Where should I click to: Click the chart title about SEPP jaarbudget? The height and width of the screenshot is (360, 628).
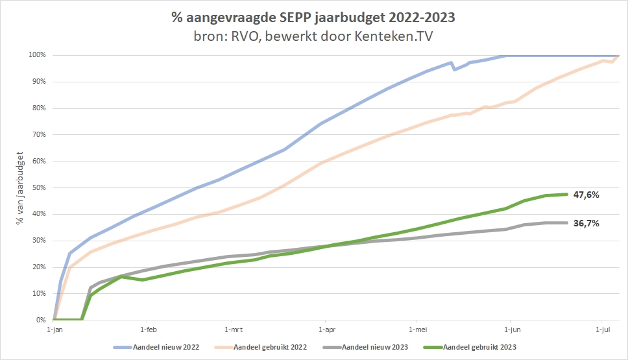tap(313, 18)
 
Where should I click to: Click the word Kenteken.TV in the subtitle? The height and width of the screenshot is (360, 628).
tap(395, 36)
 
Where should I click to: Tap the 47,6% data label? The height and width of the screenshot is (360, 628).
tap(586, 194)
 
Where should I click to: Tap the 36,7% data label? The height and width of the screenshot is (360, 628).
tap(586, 223)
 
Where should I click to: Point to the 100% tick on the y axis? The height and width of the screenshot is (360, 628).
tap(37, 55)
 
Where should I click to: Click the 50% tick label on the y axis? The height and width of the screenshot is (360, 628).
tap(38, 187)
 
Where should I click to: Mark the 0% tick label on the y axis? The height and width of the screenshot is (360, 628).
tap(40, 320)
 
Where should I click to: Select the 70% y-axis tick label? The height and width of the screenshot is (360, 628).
tap(38, 134)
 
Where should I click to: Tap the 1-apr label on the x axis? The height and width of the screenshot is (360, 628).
tap(326, 330)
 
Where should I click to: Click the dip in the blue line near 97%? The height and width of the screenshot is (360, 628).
tap(454, 69)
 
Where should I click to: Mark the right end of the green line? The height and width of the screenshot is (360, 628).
tap(568, 194)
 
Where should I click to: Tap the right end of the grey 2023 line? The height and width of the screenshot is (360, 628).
tap(568, 223)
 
